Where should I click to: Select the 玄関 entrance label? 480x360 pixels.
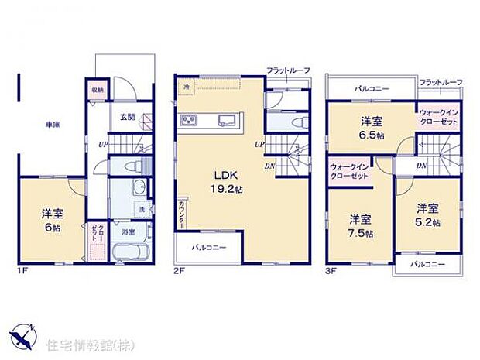coord(126,118)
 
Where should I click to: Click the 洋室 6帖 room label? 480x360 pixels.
coord(51,221)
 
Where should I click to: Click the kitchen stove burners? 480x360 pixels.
coord(190,120)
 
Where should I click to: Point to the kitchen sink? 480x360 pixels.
coord(227,120)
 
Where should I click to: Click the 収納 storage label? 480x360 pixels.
coord(97,91)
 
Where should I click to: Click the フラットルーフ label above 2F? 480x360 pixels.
coord(288,70)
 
